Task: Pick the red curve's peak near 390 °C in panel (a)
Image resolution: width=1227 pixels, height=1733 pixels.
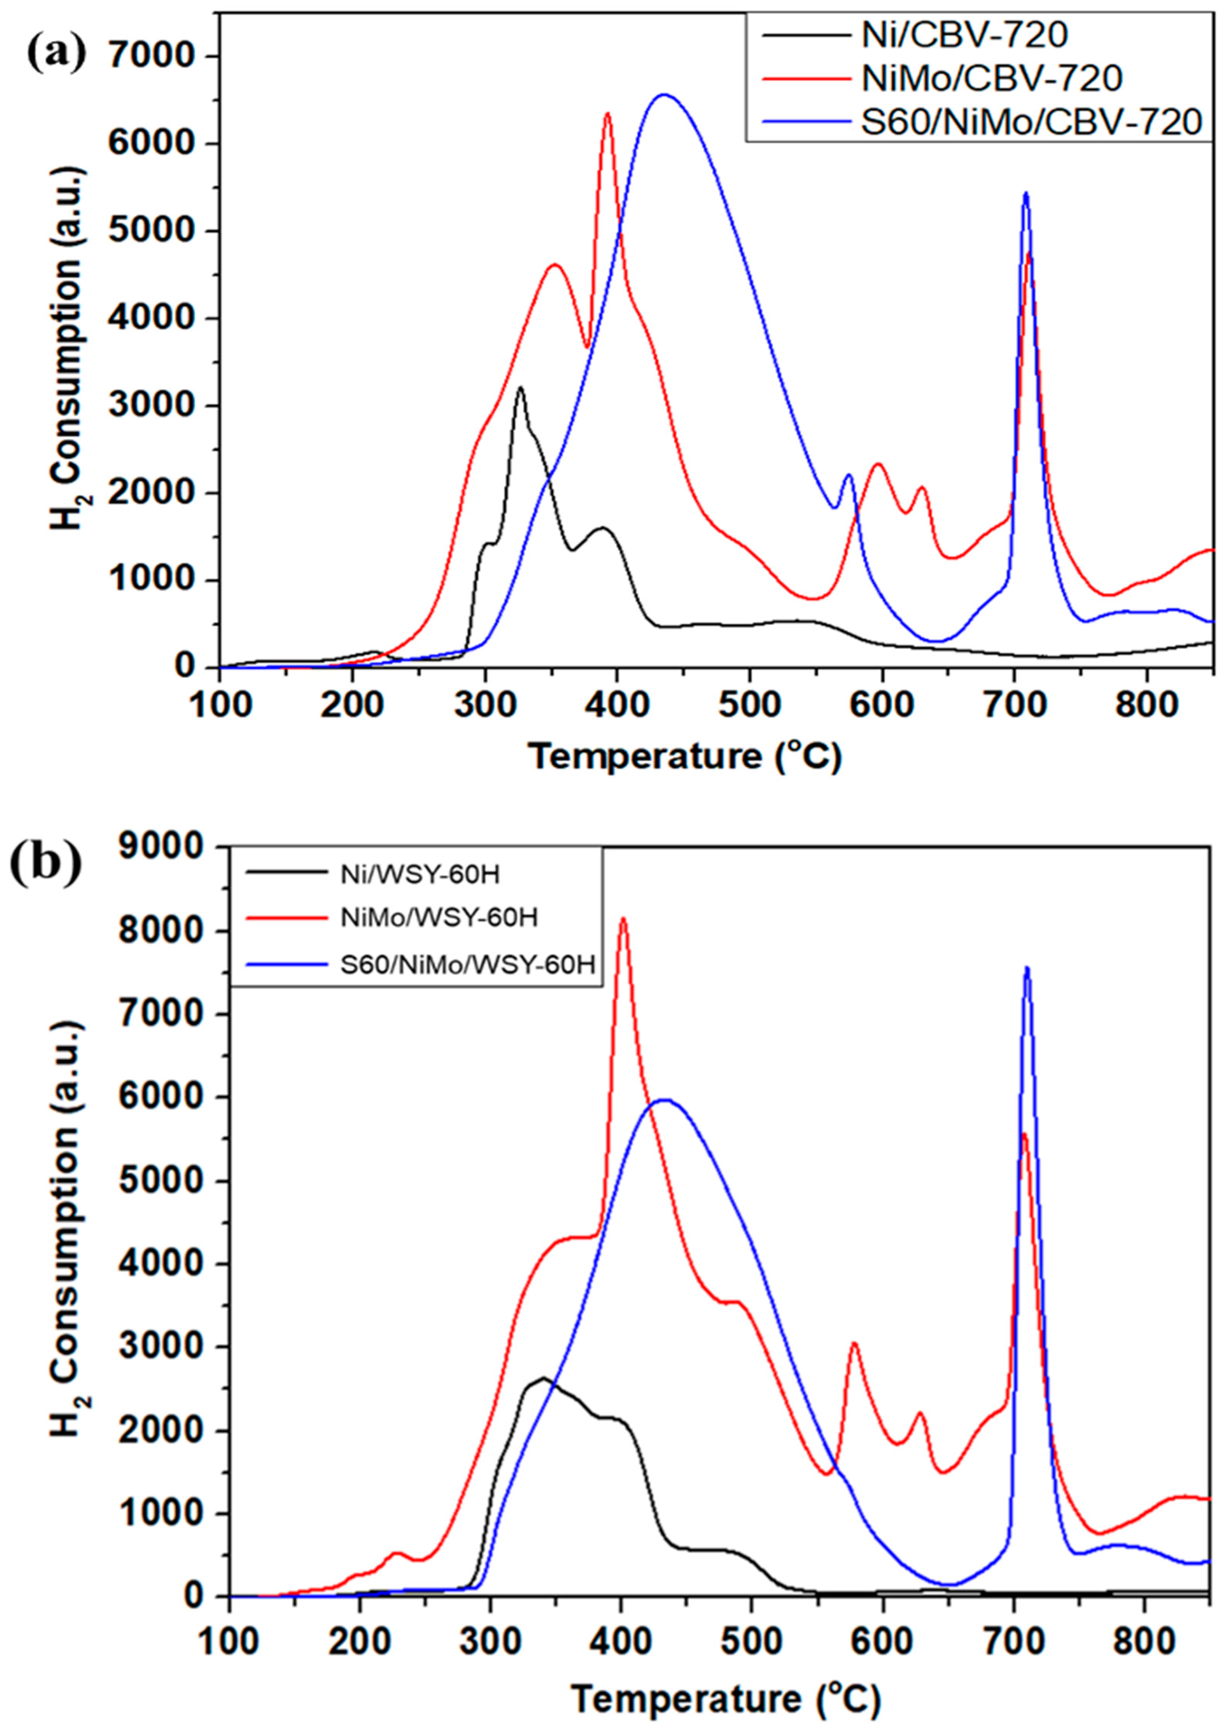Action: coord(607,113)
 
